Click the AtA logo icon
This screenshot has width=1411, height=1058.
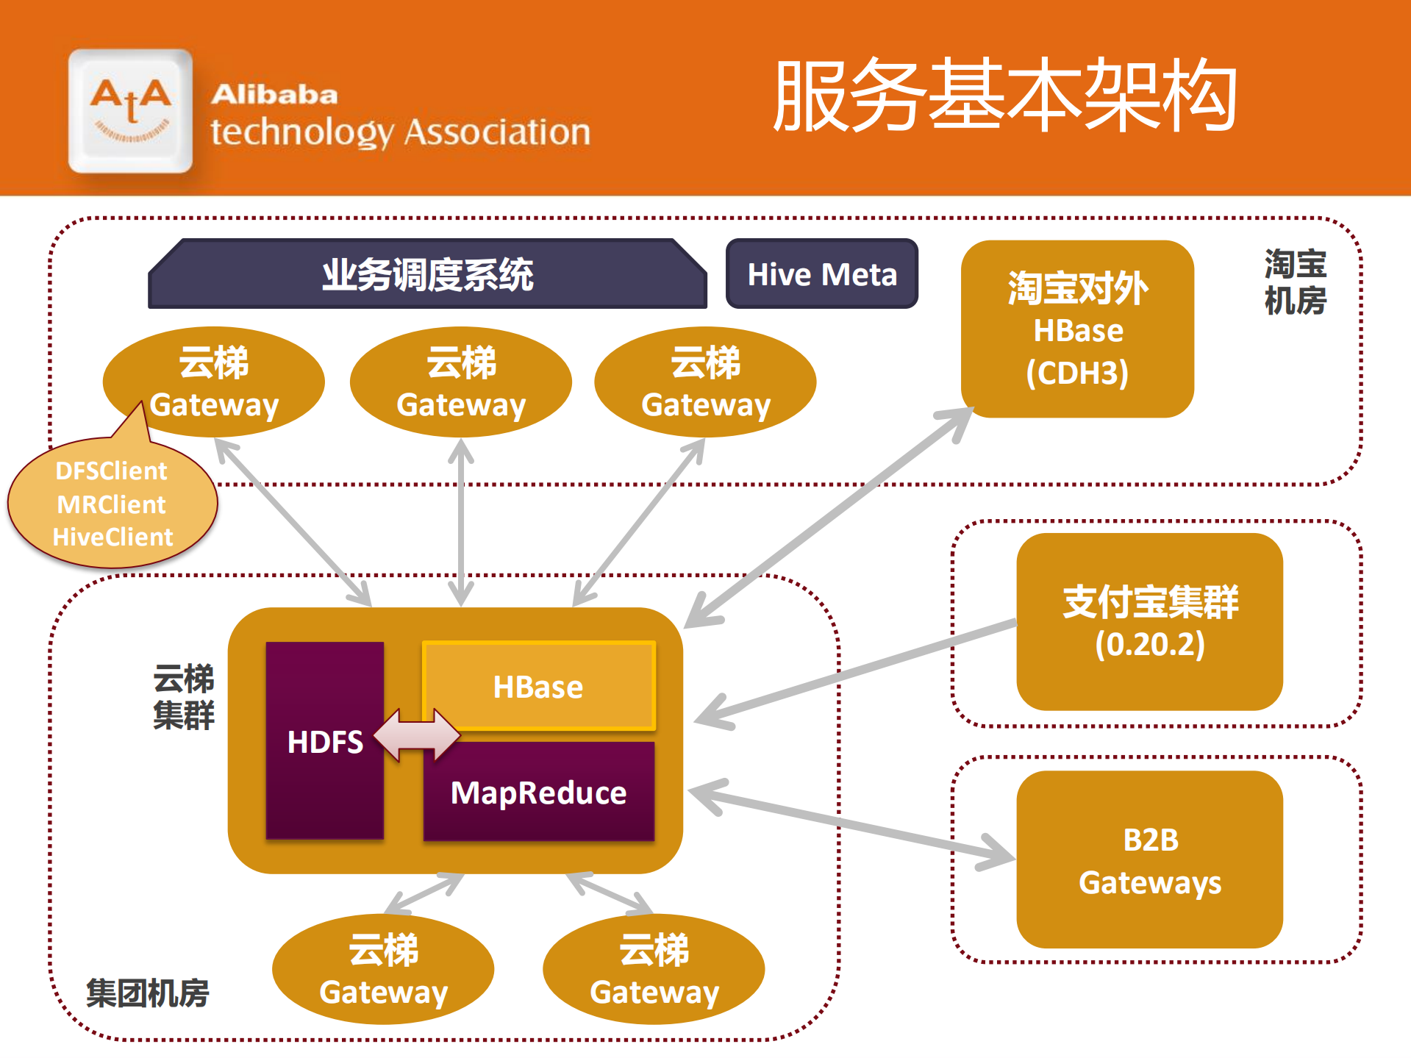(130, 111)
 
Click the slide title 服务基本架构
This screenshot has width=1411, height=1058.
(1005, 96)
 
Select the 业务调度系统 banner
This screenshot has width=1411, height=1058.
(427, 274)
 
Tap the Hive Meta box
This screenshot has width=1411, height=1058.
(821, 274)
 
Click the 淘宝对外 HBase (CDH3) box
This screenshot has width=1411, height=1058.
(1077, 329)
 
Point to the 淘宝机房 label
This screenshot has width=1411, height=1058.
(1295, 282)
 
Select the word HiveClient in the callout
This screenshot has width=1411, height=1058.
(112, 537)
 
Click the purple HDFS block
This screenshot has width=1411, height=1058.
(324, 740)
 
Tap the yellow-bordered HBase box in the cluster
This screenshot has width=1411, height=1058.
(538, 686)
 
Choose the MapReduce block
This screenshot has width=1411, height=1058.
(538, 793)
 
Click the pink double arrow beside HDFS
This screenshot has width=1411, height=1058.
(417, 734)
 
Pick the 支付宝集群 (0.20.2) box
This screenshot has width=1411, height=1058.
(1149, 622)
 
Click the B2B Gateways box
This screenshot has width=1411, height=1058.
(1149, 859)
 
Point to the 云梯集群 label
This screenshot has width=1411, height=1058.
(183, 696)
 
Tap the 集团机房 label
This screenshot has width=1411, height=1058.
(147, 993)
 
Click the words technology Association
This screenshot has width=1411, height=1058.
(400, 132)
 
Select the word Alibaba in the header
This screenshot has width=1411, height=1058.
(274, 94)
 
